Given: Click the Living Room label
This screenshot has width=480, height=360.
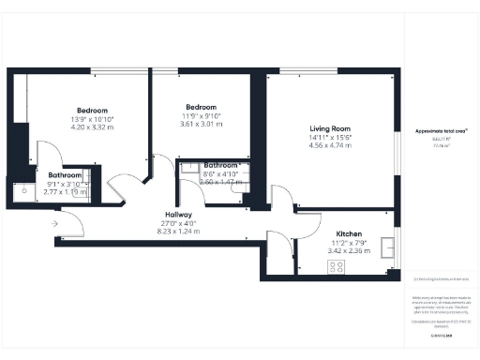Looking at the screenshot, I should coord(330,128).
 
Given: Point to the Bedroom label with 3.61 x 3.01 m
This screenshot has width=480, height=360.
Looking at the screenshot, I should coord(202,106).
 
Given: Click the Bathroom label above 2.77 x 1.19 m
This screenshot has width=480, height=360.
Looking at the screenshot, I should coord(66,175).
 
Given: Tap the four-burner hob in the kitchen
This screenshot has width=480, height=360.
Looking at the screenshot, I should coord(336,266).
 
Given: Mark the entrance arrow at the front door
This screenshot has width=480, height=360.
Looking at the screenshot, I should coord(55,224).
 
